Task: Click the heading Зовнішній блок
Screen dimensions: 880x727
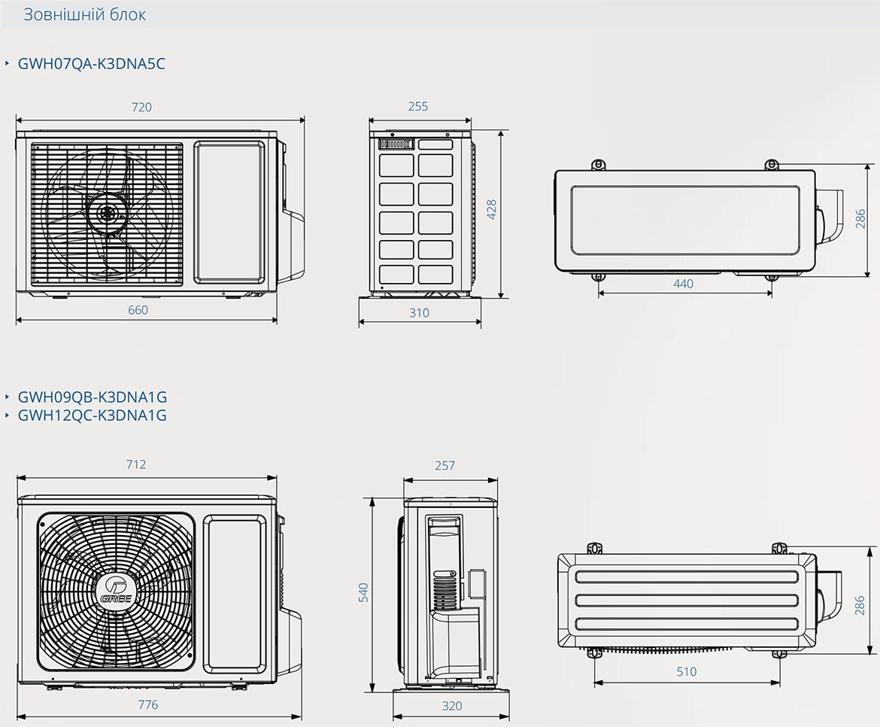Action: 84,14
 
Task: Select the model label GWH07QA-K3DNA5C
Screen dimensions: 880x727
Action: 92,63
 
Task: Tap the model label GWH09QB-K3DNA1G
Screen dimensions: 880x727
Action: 93,397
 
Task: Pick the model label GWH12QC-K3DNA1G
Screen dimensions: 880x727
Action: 93,415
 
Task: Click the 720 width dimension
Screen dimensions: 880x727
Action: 141,107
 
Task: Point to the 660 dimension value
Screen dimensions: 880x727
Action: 138,310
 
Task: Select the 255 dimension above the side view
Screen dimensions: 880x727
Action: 418,106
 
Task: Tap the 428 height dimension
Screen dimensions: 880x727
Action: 492,209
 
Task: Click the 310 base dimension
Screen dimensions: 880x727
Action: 419,312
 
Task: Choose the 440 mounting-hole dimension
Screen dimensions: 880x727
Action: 684,284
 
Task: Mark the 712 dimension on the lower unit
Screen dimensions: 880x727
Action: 136,464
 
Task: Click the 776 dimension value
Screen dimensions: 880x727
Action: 148,704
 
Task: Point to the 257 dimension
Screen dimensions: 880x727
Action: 445,465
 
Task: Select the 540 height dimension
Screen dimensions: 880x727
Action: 364,593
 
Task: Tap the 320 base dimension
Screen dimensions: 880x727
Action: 452,706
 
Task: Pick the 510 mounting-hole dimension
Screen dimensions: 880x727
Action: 687,671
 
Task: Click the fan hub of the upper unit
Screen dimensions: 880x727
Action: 108,213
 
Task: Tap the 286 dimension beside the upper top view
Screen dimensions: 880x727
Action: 860,219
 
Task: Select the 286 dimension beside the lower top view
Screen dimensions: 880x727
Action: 860,606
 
